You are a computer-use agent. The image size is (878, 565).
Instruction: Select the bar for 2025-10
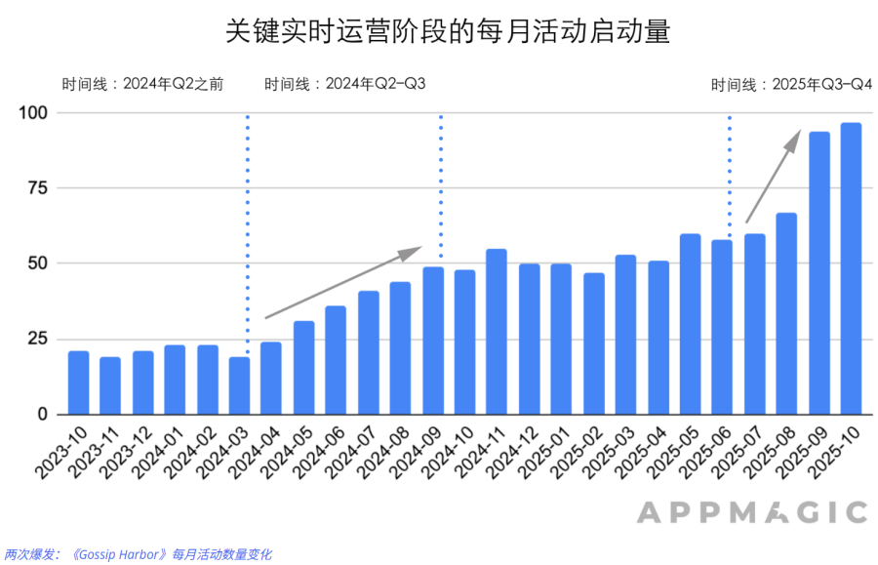point(851,268)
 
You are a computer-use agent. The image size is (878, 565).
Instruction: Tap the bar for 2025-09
point(818,272)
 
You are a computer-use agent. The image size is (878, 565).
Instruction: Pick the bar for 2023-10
point(78,383)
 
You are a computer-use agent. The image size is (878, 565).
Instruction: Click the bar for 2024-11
point(497,332)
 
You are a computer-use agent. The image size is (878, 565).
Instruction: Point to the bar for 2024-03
point(239,385)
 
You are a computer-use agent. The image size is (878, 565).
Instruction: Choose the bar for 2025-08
point(786,313)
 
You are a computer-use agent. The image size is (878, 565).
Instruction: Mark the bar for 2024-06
point(336,360)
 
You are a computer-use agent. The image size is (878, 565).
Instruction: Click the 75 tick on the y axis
point(36,188)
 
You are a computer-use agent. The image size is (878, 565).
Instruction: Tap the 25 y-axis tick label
point(36,339)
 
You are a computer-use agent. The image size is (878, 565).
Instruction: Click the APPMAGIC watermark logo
point(752,512)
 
